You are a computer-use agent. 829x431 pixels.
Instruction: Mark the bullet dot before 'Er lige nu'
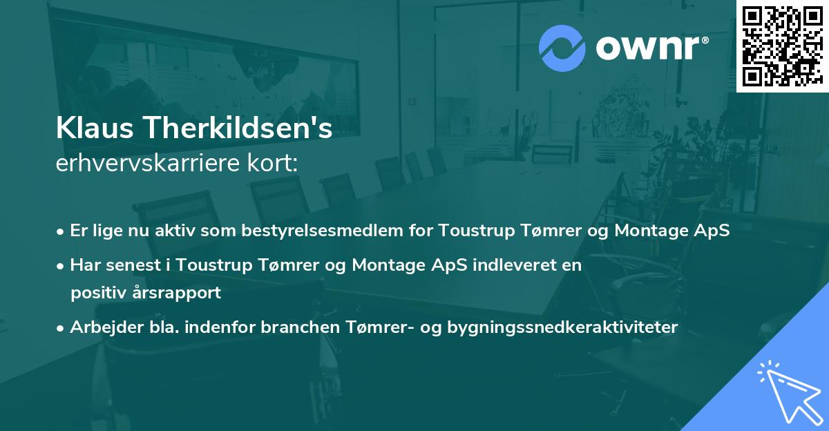61,231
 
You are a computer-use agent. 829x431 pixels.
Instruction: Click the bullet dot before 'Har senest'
61,265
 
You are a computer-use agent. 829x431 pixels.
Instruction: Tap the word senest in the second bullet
131,265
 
